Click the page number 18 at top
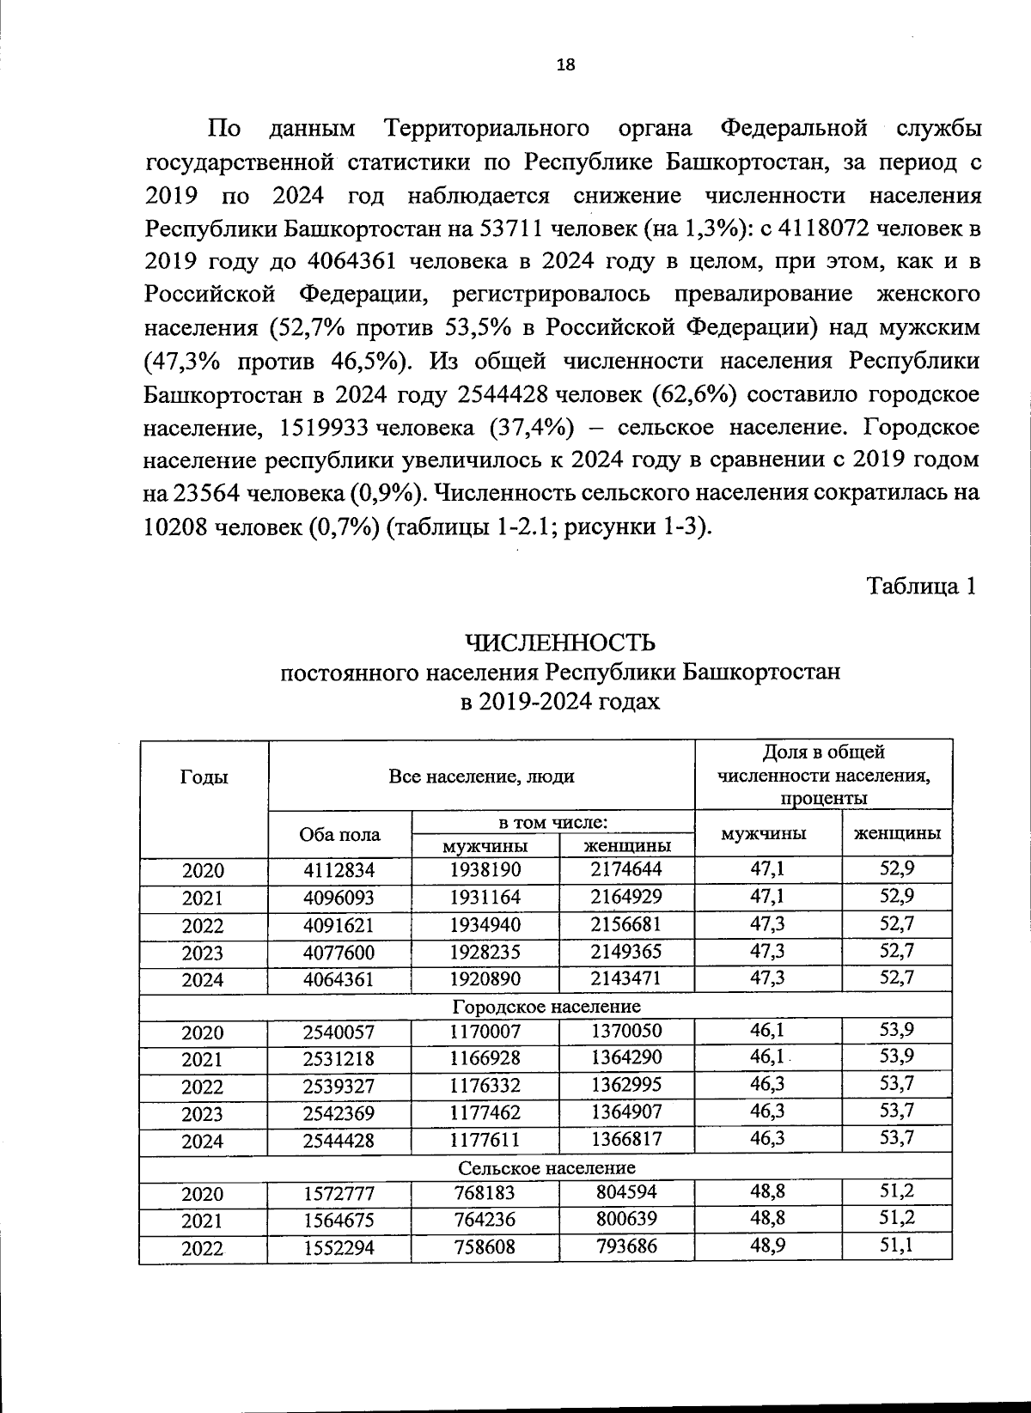tap(565, 65)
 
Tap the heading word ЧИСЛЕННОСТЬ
tap(560, 643)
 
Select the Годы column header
tap(204, 777)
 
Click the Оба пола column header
tap(339, 835)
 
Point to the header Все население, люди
tap(481, 777)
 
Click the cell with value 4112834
tap(339, 870)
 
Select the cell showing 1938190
tap(485, 869)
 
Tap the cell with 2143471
tap(626, 978)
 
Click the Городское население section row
tap(546, 1006)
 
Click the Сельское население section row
tap(546, 1167)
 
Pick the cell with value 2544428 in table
tap(339, 1141)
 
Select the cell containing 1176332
tap(485, 1086)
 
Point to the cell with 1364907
tap(626, 1112)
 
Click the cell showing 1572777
tap(339, 1194)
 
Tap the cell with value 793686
tap(626, 1246)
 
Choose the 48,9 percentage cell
tap(766, 1246)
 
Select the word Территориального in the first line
tap(487, 129)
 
